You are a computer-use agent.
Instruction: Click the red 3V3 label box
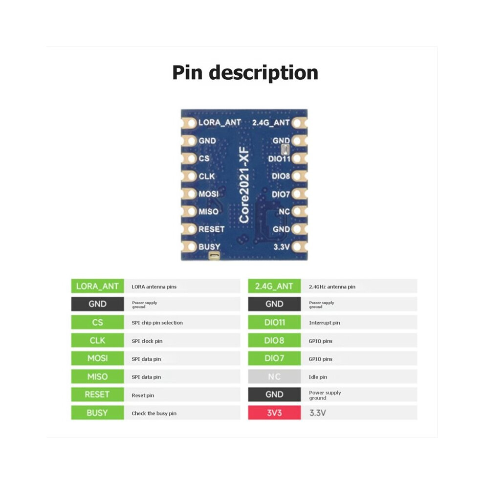pyautogui.click(x=274, y=413)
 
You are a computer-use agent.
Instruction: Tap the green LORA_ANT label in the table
pyautogui.click(x=98, y=286)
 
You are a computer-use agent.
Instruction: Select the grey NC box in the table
pyautogui.click(x=274, y=376)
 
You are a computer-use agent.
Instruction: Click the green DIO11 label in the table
pyautogui.click(x=274, y=322)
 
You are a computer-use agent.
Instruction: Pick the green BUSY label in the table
pyautogui.click(x=98, y=413)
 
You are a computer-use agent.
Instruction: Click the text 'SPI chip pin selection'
pyautogui.click(x=157, y=323)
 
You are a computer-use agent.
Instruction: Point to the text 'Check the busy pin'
pyautogui.click(x=154, y=413)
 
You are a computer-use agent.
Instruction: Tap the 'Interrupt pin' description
pyautogui.click(x=325, y=323)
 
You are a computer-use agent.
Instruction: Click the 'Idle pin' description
pyautogui.click(x=318, y=377)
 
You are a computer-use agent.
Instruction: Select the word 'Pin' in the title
pyautogui.click(x=187, y=73)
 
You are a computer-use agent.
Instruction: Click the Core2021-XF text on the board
pyautogui.click(x=244, y=185)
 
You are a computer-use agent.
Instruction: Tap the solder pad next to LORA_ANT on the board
pyautogui.click(x=191, y=123)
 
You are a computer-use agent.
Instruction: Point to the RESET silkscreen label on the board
pyautogui.click(x=211, y=229)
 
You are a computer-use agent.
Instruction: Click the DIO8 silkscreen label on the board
pyautogui.click(x=281, y=176)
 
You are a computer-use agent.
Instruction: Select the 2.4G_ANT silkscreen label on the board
pyautogui.click(x=271, y=123)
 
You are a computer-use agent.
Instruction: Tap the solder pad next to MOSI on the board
pyautogui.click(x=191, y=194)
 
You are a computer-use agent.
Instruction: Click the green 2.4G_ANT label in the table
pyautogui.click(x=274, y=286)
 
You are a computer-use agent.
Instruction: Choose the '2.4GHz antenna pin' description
pyautogui.click(x=332, y=287)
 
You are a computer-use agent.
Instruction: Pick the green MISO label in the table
pyautogui.click(x=98, y=376)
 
